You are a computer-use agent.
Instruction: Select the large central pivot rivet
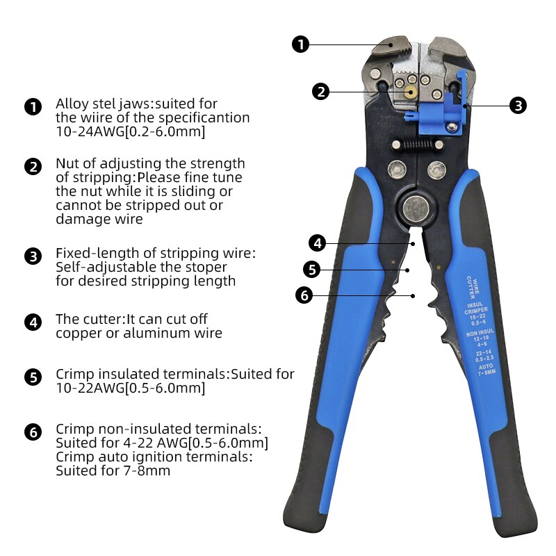coord(416,207)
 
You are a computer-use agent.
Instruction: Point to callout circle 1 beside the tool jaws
coord(300,44)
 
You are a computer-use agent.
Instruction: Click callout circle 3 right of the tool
coord(518,106)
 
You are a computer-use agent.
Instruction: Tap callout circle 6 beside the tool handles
coord(304,295)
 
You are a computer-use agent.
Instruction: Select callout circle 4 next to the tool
coord(317,243)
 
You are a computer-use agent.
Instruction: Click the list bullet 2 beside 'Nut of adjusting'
coord(33,167)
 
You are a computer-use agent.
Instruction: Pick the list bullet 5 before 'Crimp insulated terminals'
coord(33,377)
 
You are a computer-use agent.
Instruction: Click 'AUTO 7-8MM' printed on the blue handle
coord(484,368)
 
